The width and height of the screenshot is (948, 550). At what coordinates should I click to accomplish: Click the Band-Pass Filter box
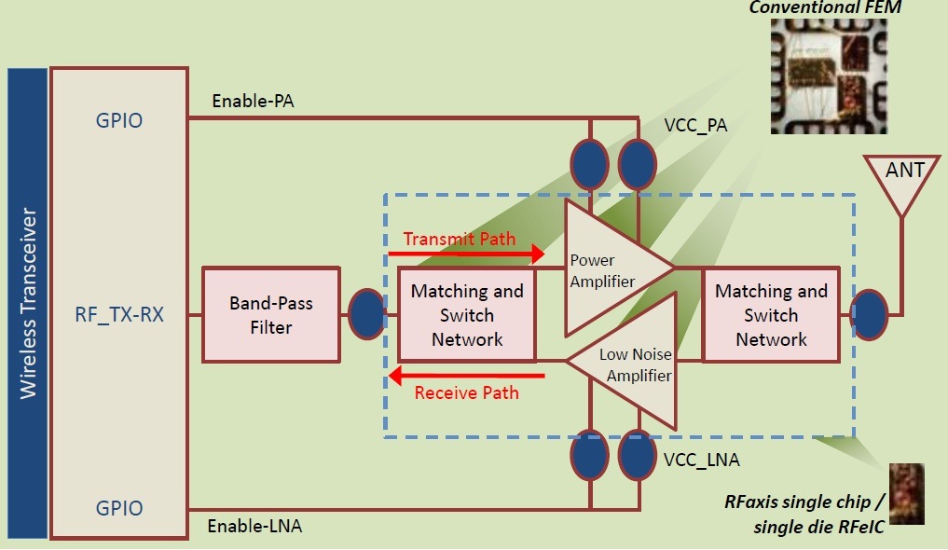pyautogui.click(x=271, y=315)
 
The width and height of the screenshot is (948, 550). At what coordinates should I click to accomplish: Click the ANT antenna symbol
pyautogui.click(x=900, y=176)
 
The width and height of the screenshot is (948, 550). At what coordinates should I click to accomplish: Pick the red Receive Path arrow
pyautogui.click(x=467, y=376)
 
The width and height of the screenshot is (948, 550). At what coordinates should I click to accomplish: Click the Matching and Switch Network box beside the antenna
pyautogui.click(x=771, y=315)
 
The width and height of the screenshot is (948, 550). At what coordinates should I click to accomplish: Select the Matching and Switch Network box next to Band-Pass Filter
pyautogui.click(x=467, y=315)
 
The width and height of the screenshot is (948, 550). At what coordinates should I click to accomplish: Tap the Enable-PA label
pyautogui.click(x=253, y=102)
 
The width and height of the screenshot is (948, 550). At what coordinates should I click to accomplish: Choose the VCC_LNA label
pyautogui.click(x=701, y=459)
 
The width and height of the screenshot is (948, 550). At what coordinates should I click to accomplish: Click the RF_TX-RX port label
pyautogui.click(x=119, y=315)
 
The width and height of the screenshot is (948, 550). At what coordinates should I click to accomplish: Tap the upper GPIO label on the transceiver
pyautogui.click(x=119, y=120)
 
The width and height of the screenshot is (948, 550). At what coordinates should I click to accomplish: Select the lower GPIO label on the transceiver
pyautogui.click(x=119, y=508)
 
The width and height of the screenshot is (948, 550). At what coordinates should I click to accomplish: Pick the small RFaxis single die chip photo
pyautogui.click(x=906, y=493)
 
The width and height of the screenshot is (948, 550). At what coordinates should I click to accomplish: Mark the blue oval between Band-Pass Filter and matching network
pyautogui.click(x=365, y=314)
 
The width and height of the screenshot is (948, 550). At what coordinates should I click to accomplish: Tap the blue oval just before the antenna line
pyautogui.click(x=869, y=314)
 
